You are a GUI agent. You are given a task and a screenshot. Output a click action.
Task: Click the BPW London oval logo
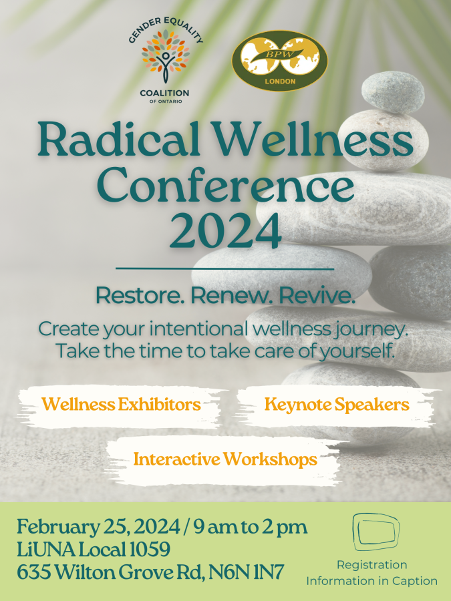tap(279, 61)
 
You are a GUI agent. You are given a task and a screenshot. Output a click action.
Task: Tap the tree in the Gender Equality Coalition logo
tap(165, 56)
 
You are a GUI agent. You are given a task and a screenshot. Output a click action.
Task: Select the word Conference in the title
tap(226, 187)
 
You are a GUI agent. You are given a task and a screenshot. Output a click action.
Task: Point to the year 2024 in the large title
tap(226, 232)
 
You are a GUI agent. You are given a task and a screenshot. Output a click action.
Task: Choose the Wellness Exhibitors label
tap(121, 405)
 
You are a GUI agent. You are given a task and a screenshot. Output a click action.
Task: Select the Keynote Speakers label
tap(337, 405)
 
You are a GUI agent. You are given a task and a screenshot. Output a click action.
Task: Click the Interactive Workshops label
tap(225, 459)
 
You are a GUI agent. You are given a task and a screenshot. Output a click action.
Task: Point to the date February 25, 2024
tap(98, 527)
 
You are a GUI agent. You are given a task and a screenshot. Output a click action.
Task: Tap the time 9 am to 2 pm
tap(251, 528)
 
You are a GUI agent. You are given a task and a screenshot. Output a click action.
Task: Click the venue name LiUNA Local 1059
tap(94, 550)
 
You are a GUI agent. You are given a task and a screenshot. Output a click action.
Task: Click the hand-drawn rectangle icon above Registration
tap(375, 532)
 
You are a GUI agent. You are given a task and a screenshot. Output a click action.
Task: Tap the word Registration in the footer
tap(372, 565)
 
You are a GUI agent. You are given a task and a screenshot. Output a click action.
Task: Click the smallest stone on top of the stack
tap(393, 92)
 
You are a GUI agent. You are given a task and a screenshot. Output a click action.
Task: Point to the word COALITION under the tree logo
tap(164, 93)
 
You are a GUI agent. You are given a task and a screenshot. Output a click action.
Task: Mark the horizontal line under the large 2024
tap(224, 268)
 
